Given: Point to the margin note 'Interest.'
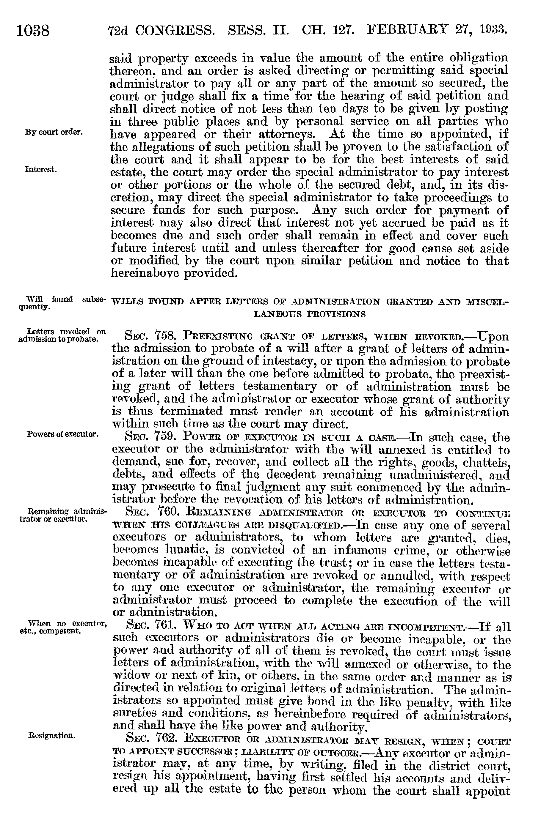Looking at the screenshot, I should (x=41, y=169).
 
